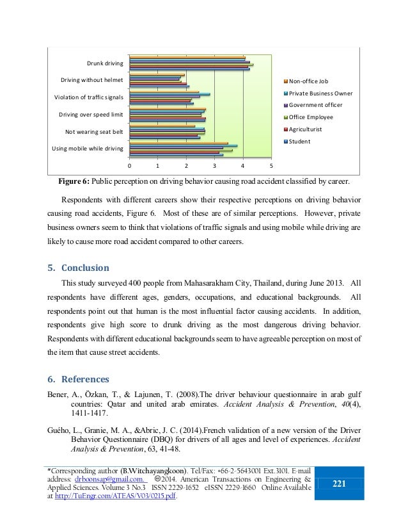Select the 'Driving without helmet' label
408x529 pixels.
[92, 81]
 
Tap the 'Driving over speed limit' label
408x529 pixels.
[91, 115]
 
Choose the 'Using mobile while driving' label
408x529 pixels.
[88, 149]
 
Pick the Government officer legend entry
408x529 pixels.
[315, 104]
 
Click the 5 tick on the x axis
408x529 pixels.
[271, 166]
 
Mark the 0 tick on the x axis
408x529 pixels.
[129, 166]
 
